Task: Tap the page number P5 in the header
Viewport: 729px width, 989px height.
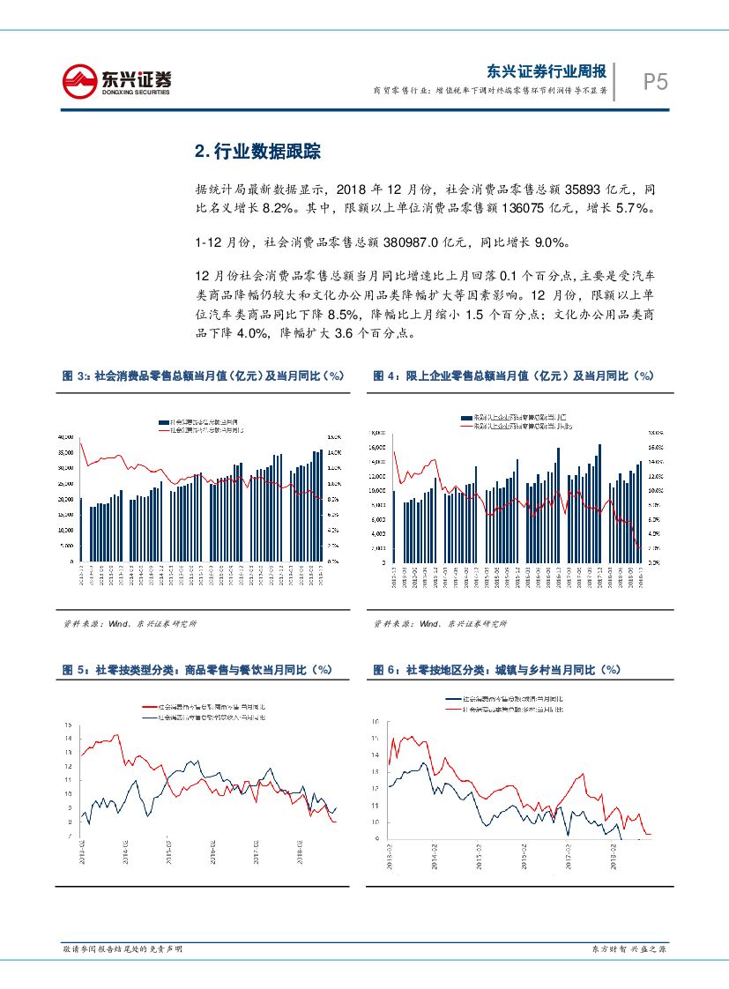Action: click(x=654, y=82)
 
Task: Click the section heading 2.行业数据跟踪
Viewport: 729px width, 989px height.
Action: click(x=257, y=151)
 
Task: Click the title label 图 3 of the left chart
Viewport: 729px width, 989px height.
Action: click(x=75, y=376)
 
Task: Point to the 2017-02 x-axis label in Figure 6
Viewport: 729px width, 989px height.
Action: click(x=569, y=855)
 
